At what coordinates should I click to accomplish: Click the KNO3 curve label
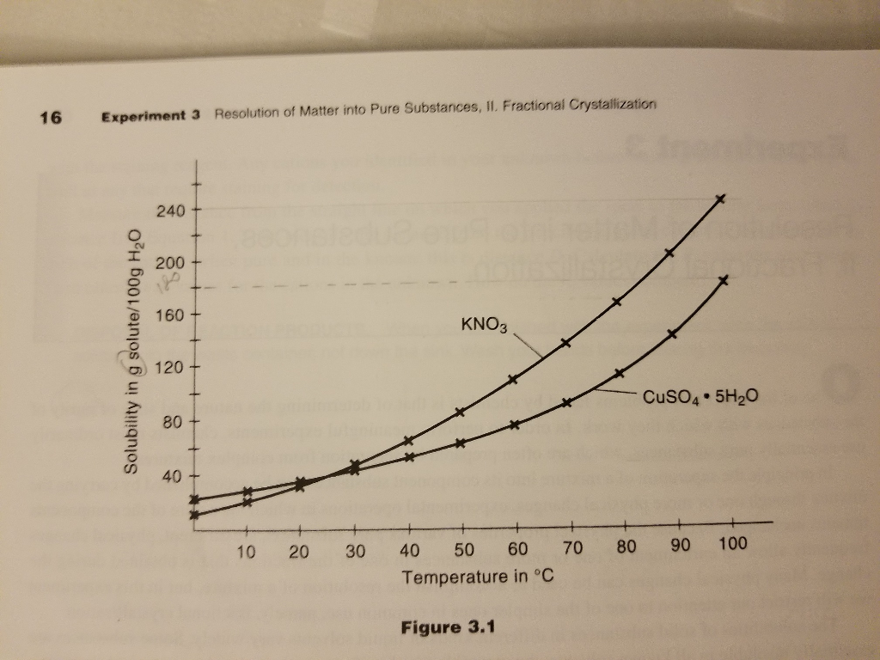pyautogui.click(x=485, y=325)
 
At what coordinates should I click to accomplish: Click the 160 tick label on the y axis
pyautogui.click(x=169, y=315)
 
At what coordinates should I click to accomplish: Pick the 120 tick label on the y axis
pyautogui.click(x=169, y=369)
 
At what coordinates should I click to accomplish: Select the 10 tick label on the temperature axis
pyautogui.click(x=247, y=551)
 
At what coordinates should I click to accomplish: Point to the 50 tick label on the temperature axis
pyautogui.click(x=464, y=549)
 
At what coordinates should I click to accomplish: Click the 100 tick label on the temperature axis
pyautogui.click(x=733, y=544)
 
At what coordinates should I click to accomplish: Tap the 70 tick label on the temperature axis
pyautogui.click(x=572, y=547)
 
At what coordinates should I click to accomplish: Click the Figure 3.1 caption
pyautogui.click(x=447, y=627)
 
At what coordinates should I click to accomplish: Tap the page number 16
pyautogui.click(x=51, y=118)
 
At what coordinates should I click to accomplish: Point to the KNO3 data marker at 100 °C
pyautogui.click(x=721, y=199)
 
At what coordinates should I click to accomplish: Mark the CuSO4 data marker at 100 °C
pyautogui.click(x=724, y=280)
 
